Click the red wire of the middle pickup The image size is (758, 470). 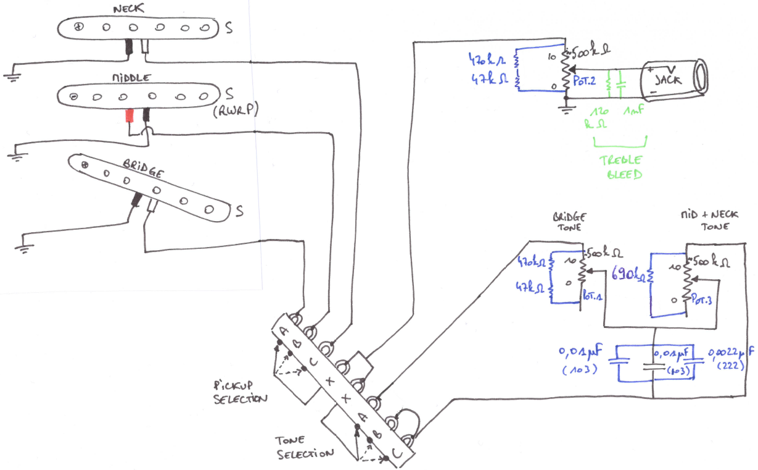click(129, 115)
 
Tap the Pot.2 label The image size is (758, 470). click(584, 82)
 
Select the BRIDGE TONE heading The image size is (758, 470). click(569, 223)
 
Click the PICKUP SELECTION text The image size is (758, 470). click(239, 390)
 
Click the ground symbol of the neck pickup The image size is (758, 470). click(10, 77)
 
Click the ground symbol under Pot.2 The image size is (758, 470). click(566, 111)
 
